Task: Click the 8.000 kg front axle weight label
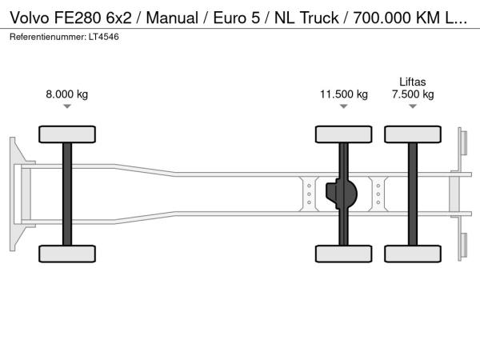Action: pyautogui.click(x=66, y=94)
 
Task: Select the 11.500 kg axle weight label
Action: pyautogui.click(x=344, y=94)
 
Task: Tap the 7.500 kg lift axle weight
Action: pyautogui.click(x=413, y=94)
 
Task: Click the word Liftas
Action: pyautogui.click(x=413, y=82)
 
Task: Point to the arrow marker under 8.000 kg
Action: pyautogui.click(x=67, y=106)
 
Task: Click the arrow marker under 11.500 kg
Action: pyautogui.click(x=344, y=106)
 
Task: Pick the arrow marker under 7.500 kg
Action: pyautogui.click(x=413, y=106)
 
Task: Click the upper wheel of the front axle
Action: pyautogui.click(x=67, y=134)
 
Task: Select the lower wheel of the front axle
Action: pyautogui.click(x=67, y=254)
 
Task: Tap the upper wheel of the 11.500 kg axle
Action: pyautogui.click(x=344, y=134)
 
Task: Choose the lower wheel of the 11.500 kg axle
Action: pyautogui.click(x=344, y=254)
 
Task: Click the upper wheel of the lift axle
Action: pyautogui.click(x=413, y=134)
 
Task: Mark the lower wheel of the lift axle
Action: pyautogui.click(x=413, y=254)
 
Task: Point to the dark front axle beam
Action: pyautogui.click(x=67, y=194)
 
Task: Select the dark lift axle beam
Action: pyautogui.click(x=413, y=194)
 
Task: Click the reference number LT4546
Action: pyautogui.click(x=104, y=37)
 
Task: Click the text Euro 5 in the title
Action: pyautogui.click(x=236, y=18)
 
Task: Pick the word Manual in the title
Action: pyautogui.click(x=172, y=18)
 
